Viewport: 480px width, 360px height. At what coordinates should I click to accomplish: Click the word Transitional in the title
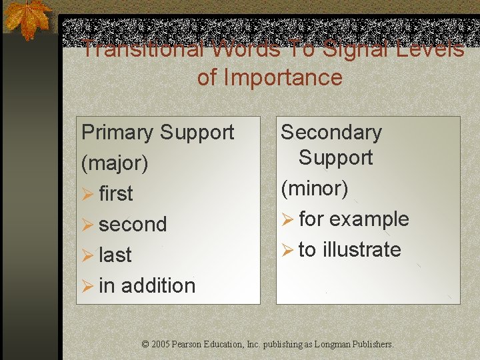125,49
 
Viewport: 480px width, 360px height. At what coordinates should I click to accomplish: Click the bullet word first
116,193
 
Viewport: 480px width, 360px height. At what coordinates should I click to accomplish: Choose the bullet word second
133,224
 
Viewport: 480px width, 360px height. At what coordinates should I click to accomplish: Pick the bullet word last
115,255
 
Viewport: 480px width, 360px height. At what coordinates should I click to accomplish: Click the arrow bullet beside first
87,194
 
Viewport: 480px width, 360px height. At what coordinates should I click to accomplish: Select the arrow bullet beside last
87,255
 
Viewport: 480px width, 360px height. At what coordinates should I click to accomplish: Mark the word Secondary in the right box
331,132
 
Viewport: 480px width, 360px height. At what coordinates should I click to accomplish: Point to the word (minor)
315,189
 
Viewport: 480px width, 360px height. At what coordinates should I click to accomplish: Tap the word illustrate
362,249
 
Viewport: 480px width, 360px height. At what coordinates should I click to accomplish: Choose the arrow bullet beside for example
287,219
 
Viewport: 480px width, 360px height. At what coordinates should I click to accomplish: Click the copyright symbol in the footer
146,345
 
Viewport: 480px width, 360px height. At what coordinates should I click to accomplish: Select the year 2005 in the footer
161,345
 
